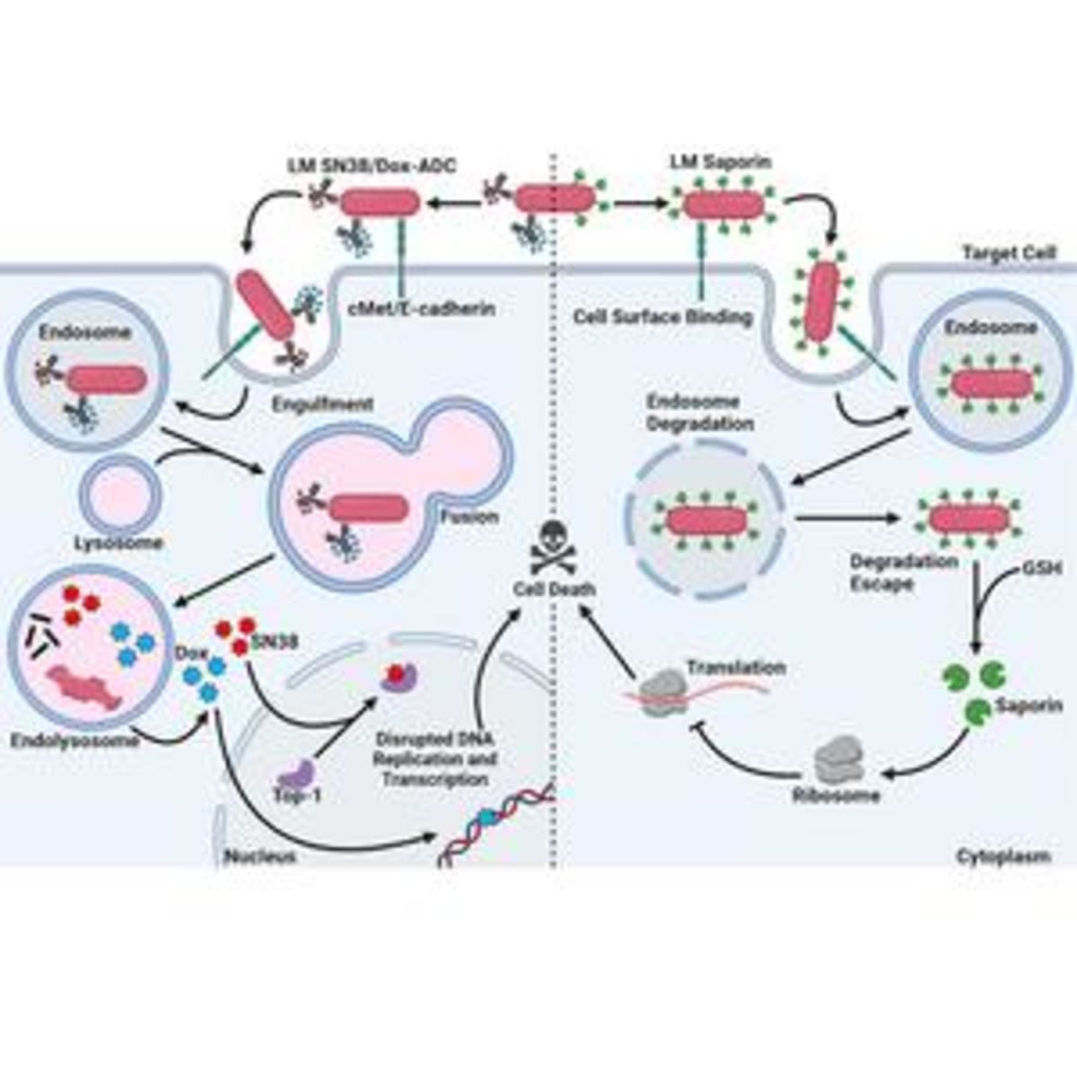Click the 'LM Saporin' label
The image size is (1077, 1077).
coord(721,162)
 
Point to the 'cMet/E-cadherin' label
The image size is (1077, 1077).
coord(420,309)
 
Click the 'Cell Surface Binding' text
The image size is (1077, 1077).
coord(662,317)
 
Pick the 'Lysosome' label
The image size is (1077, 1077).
coord(118,542)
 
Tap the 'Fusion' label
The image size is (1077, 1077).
coord(468,517)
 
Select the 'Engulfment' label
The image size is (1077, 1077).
coord(322,404)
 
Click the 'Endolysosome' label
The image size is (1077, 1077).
coord(75,740)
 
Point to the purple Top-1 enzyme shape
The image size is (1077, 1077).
coord(295,770)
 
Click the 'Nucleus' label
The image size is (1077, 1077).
coord(259,855)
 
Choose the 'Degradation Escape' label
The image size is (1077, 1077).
coord(891,572)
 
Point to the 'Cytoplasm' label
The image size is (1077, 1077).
coord(1003,855)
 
